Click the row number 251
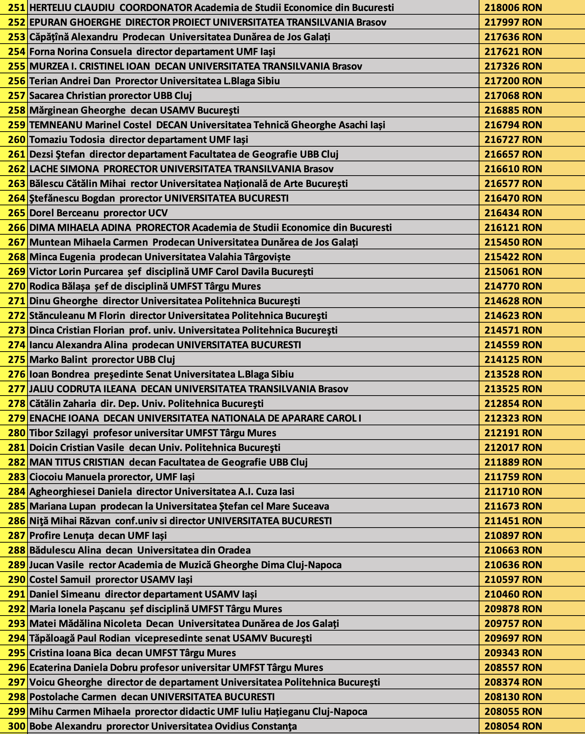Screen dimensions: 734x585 pos(17,8)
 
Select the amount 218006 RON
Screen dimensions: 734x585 pos(513,8)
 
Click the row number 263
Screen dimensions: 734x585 pos(17,184)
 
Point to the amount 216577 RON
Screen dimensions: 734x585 pos(513,184)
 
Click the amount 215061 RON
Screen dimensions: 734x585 pos(513,272)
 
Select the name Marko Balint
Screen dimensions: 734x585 pos(58,360)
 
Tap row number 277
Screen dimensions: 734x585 pos(17,389)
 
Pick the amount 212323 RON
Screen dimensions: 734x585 pos(513,418)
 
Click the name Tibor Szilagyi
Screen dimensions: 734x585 pos(59,433)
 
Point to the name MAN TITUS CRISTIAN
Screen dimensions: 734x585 pos(77,462)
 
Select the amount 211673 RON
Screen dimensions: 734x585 pos(513,506)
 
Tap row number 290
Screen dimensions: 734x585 pos(17,580)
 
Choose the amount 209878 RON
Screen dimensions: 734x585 pos(513,609)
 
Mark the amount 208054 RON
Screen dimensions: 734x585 pos(513,726)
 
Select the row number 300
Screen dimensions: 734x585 pos(17,726)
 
